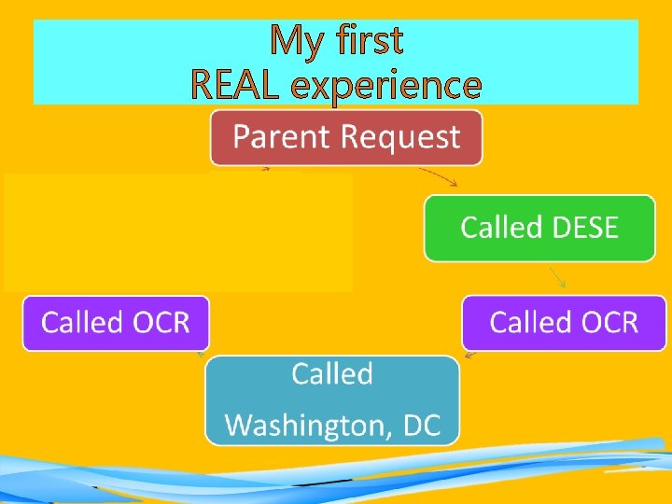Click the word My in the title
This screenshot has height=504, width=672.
coord(298,41)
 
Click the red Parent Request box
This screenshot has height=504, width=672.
coord(346,138)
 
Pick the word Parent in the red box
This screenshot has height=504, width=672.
coord(283,137)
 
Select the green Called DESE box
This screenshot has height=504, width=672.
coord(539,228)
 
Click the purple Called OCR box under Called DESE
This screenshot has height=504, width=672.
coord(565,323)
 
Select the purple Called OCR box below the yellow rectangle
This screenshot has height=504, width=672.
coord(116,323)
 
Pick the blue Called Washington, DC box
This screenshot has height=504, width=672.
coord(332,399)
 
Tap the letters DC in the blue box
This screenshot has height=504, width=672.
coord(421,426)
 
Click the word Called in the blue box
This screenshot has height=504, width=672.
coord(332,374)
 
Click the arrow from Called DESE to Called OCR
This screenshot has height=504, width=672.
coord(557,277)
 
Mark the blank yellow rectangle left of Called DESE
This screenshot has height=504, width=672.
coord(177,231)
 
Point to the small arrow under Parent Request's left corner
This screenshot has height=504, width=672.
coord(265,169)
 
